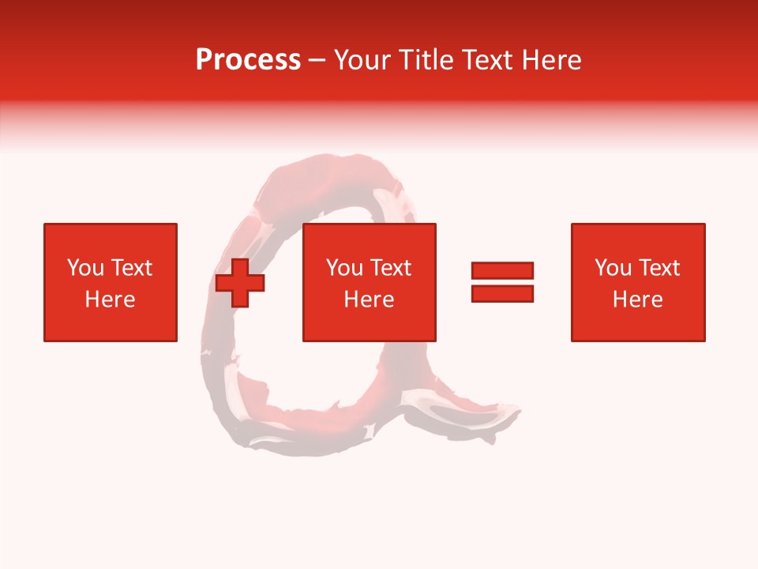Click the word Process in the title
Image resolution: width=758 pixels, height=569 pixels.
coord(248,60)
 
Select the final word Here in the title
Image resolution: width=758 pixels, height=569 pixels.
coord(551,60)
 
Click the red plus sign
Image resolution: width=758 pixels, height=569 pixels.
coord(240,282)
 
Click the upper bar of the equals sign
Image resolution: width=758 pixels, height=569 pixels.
coord(502,270)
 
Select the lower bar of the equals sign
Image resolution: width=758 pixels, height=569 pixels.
coord(502,293)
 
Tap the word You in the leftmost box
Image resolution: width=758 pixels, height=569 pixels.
coord(84,268)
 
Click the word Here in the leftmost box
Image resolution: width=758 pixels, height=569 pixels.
coord(110,300)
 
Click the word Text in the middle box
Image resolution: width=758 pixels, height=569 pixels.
coord(390,268)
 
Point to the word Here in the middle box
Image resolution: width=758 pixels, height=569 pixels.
coord(369,300)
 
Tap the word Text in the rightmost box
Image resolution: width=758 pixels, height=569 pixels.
coord(659,268)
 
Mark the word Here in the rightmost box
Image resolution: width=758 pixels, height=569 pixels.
coord(637,300)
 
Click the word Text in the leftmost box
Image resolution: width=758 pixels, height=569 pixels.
coord(131,268)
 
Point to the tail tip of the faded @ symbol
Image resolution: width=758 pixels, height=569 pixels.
coord(517,412)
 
